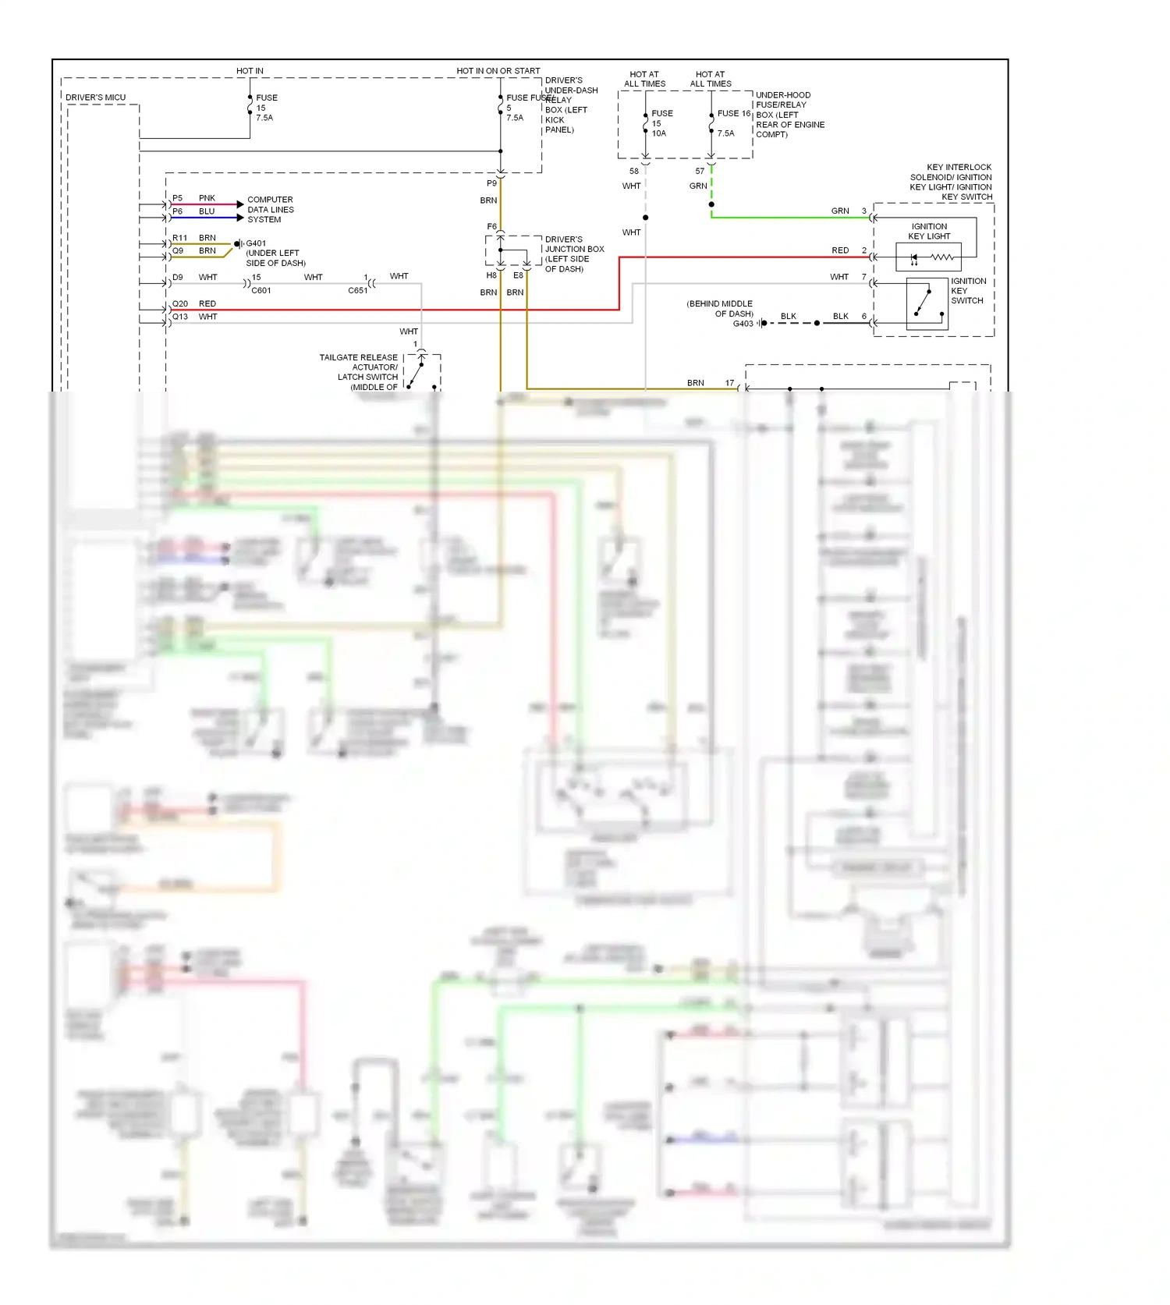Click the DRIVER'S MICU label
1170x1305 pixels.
(x=95, y=98)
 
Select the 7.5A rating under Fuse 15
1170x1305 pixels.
(x=264, y=118)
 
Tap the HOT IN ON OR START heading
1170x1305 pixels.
(x=498, y=71)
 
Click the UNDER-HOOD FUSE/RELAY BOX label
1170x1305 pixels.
(x=789, y=114)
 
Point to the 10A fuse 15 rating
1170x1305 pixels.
(x=659, y=133)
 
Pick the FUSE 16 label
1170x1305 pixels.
(x=733, y=114)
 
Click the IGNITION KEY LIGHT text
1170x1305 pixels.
(x=929, y=231)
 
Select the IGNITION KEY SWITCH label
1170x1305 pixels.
(x=968, y=290)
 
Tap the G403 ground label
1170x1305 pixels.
(x=743, y=324)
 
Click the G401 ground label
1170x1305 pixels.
(x=256, y=243)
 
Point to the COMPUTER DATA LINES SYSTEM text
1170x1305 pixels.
(x=270, y=210)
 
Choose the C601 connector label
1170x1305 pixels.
(x=261, y=290)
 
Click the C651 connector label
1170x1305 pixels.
(x=357, y=290)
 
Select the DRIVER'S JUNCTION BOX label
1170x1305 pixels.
(x=574, y=254)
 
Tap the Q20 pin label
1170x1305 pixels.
(x=179, y=303)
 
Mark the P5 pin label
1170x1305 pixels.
(x=177, y=198)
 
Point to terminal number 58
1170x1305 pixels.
(x=634, y=171)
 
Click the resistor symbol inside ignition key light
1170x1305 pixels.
(x=941, y=257)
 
